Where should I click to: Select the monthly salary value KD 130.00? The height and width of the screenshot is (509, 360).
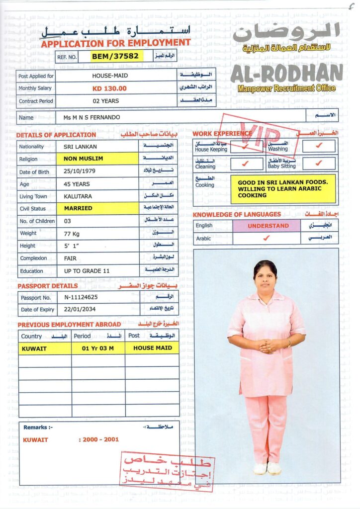coord(109,88)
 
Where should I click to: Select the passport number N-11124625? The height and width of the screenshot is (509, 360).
coord(81,298)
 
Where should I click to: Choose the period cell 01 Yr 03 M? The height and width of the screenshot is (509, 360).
coord(97,348)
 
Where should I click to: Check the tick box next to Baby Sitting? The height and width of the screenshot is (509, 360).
coord(319,164)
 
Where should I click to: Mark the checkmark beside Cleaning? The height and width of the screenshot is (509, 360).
coord(244,164)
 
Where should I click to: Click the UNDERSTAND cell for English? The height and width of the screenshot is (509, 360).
coord(268,226)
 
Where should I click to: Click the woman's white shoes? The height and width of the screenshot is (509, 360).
coord(267,468)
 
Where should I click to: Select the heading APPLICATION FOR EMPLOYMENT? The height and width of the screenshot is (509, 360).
coord(115,43)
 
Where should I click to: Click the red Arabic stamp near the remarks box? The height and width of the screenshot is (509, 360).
coord(167,471)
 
